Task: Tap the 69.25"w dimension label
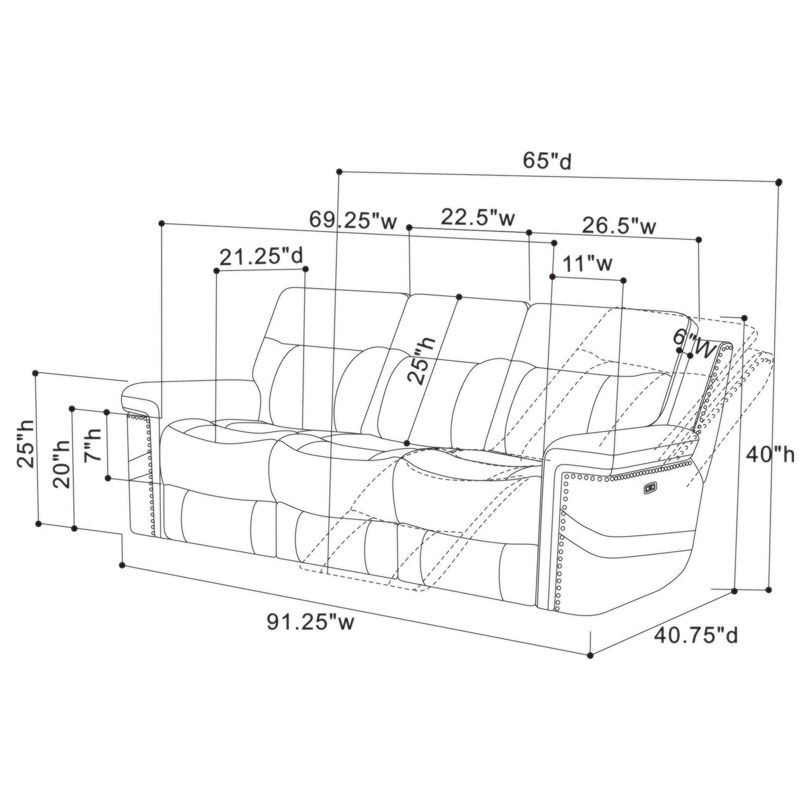pyautogui.click(x=353, y=220)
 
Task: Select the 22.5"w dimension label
pyautogui.click(x=478, y=217)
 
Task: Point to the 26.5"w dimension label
pyautogui.click(x=618, y=226)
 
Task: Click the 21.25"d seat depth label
pyautogui.click(x=261, y=256)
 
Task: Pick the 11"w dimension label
pyautogui.click(x=587, y=264)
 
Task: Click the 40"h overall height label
pyautogui.click(x=770, y=455)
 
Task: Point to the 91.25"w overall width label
pyautogui.click(x=310, y=621)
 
